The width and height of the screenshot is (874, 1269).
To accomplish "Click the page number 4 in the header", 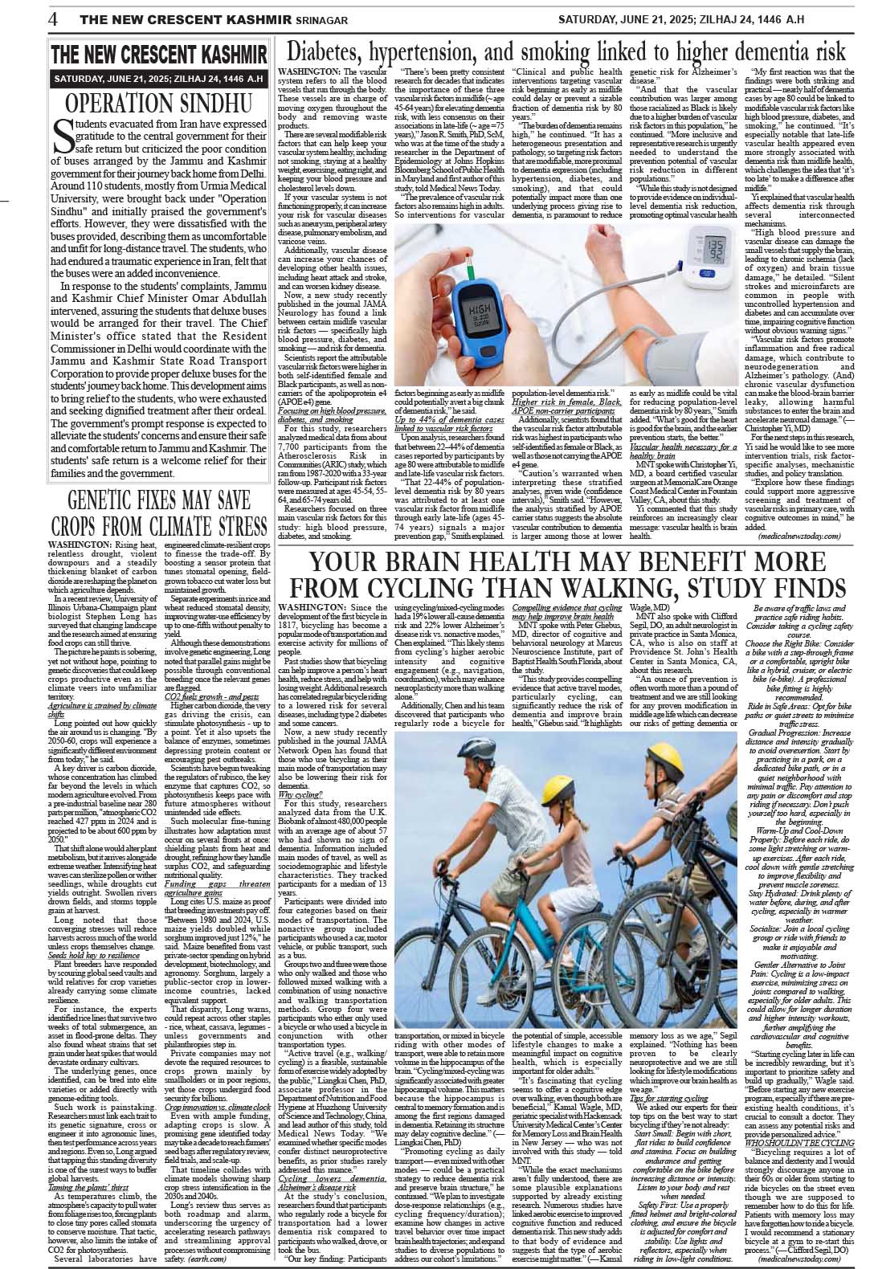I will coord(52,18).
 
